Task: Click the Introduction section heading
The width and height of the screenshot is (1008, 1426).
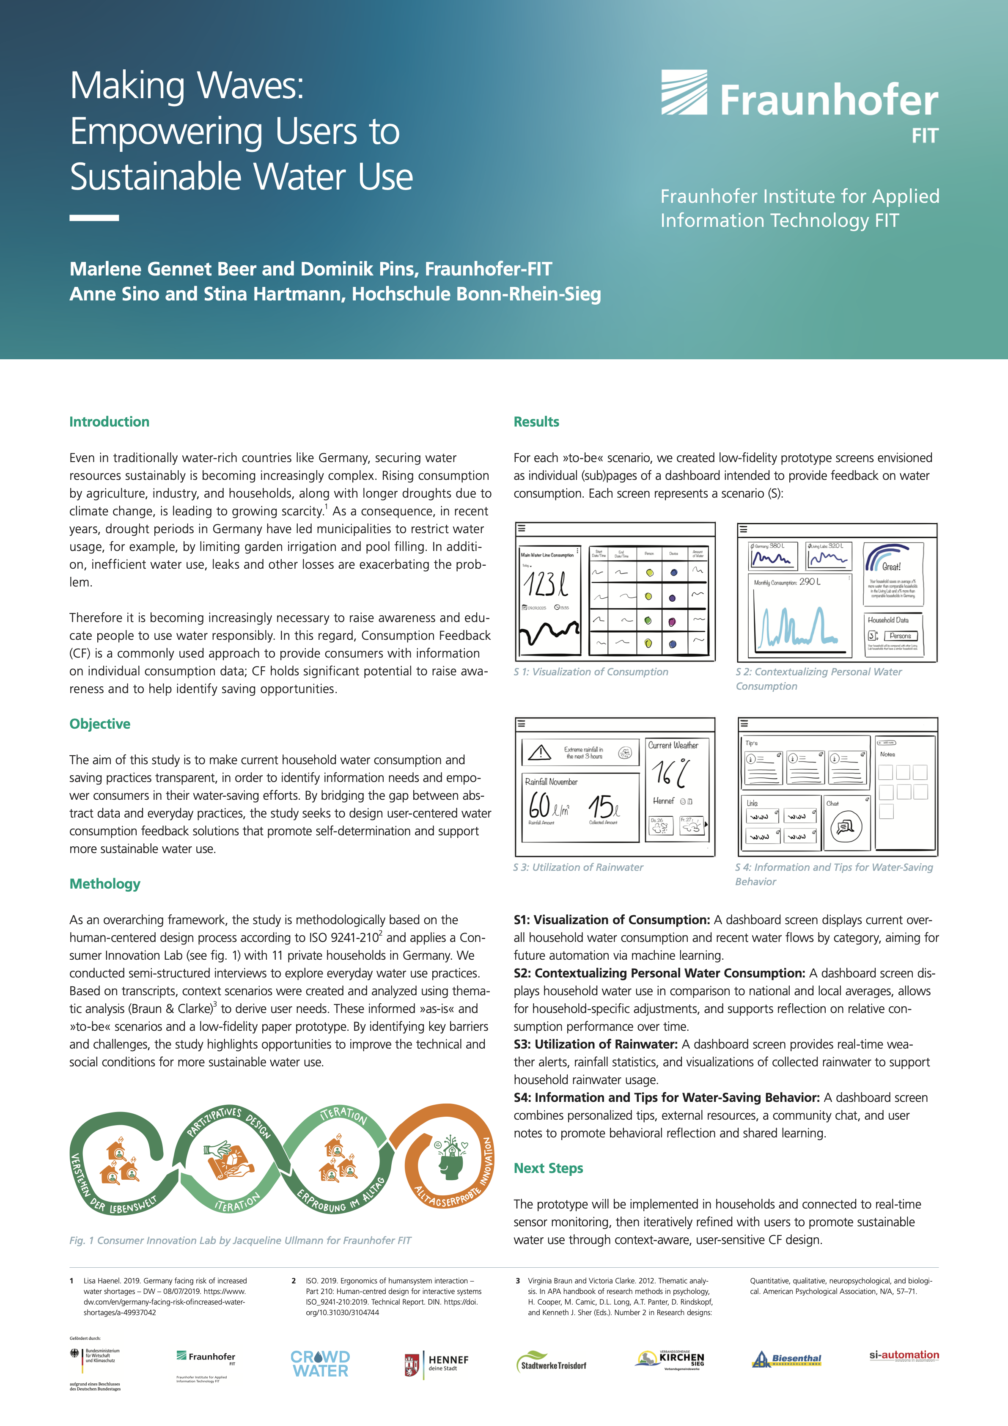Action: point(109,422)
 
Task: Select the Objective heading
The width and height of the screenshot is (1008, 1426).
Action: point(100,724)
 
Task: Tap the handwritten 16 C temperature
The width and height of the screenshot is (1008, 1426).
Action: point(670,773)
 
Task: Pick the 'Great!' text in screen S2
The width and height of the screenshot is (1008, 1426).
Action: point(891,567)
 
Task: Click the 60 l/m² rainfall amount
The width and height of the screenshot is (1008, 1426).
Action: point(549,806)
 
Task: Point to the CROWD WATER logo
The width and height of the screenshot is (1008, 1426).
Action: point(320,1364)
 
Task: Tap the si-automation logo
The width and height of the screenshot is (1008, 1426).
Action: point(904,1355)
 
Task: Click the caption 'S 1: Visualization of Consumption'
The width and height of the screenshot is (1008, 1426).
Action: point(591,672)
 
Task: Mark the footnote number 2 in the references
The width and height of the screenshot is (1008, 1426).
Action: point(294,1281)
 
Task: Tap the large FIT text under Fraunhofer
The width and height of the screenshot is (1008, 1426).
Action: point(924,135)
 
